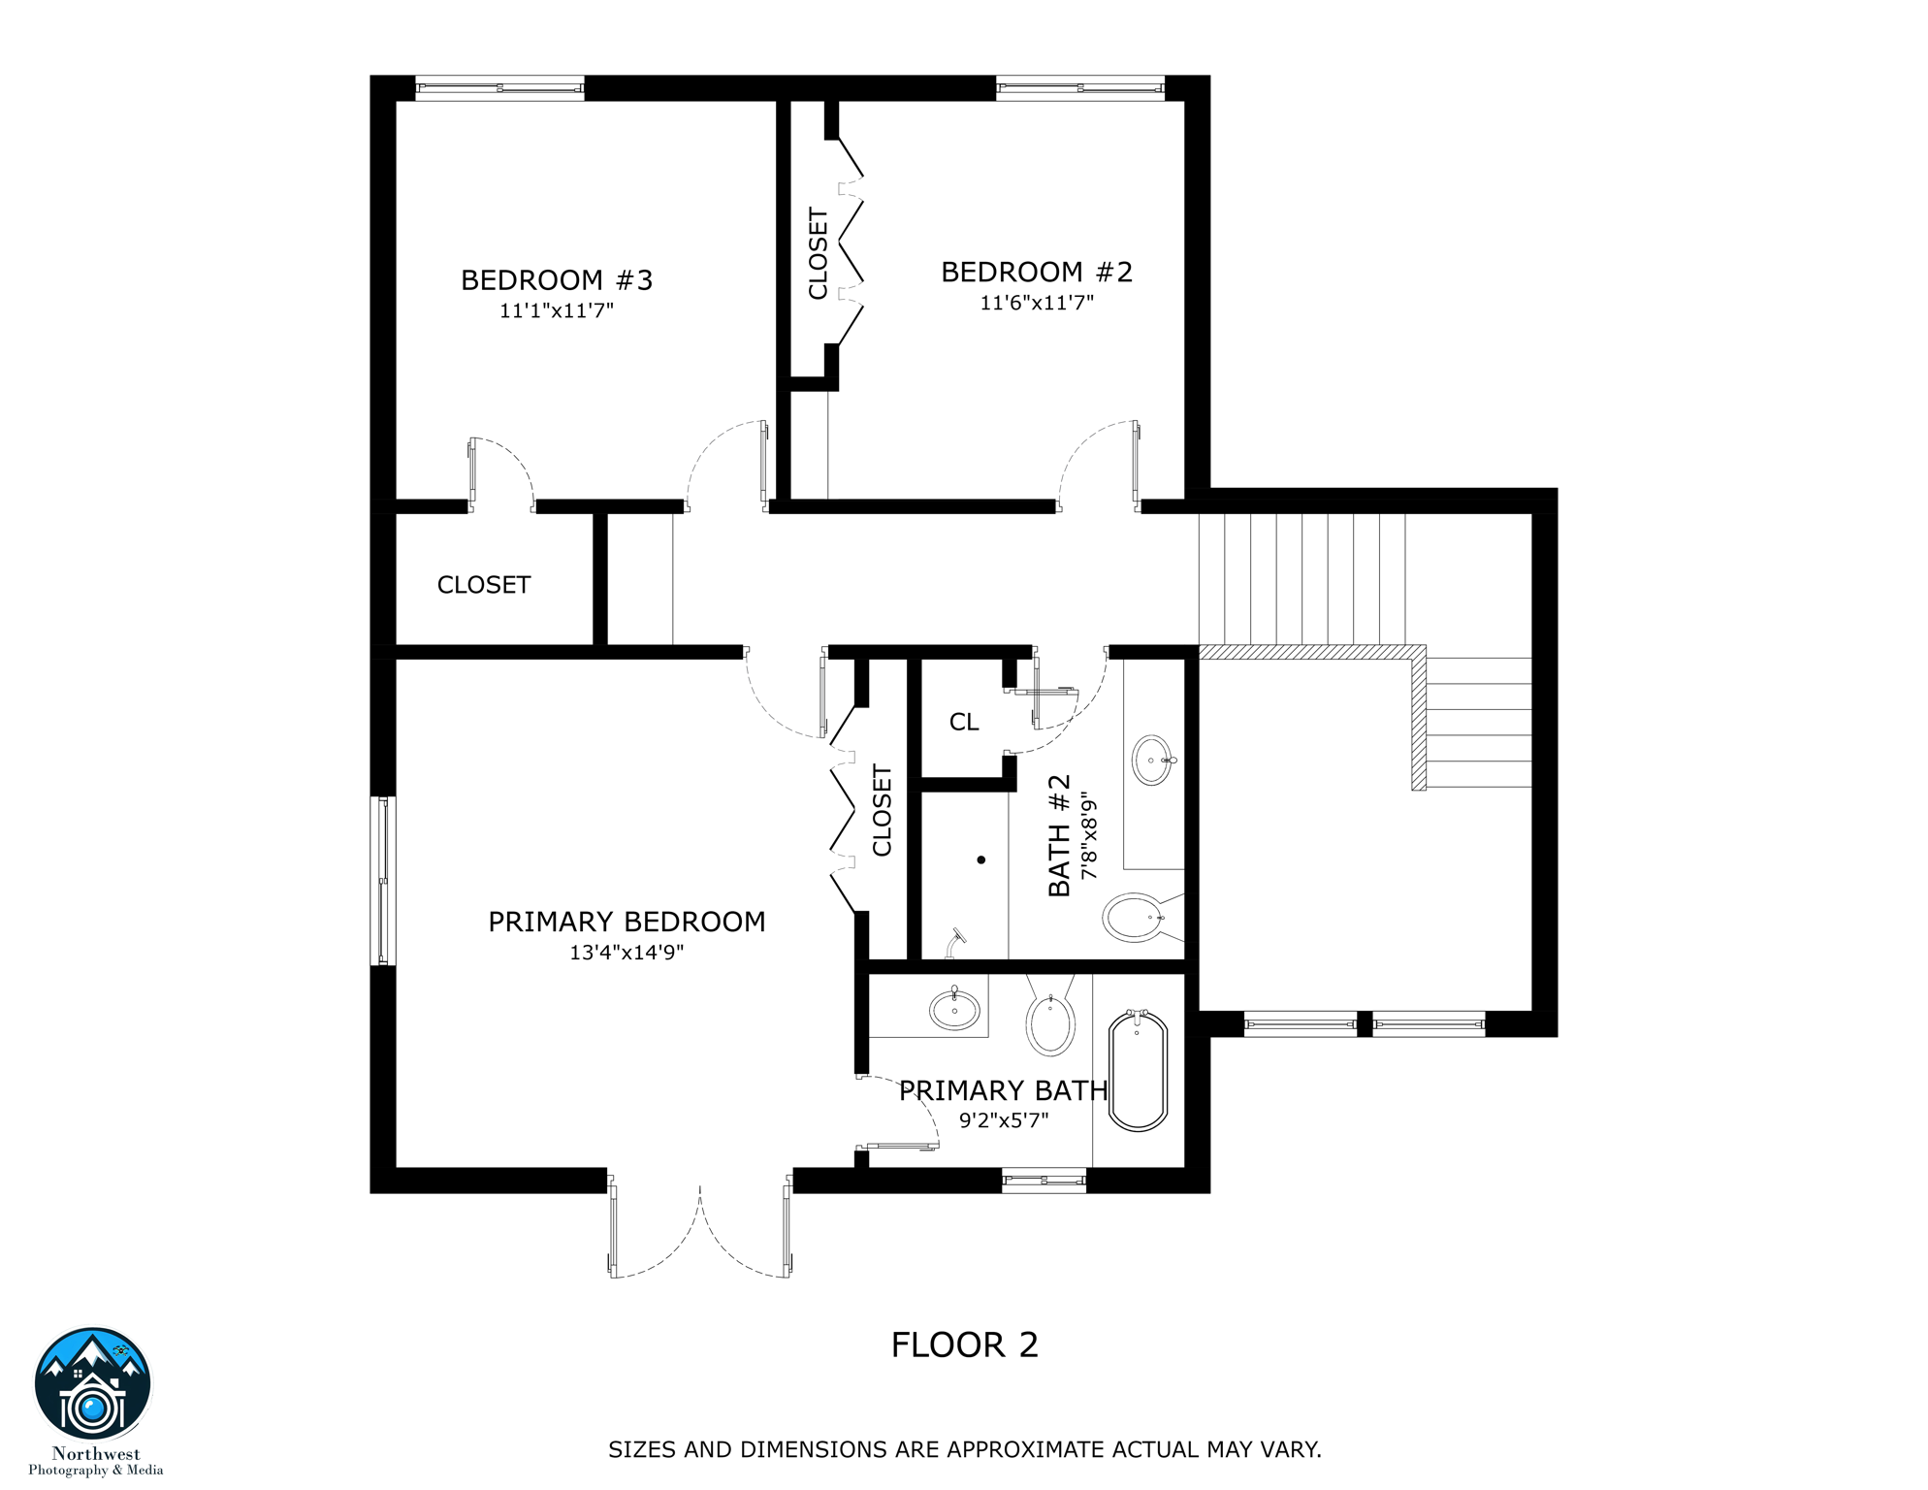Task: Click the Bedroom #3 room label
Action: pos(556,280)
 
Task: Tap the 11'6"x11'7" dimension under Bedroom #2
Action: pos(1036,303)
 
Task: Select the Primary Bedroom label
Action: pos(627,922)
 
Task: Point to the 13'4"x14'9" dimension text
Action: pos(627,953)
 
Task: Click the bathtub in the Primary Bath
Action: pos(1137,1071)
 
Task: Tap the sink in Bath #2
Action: pos(1152,760)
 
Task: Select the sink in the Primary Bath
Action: pos(954,1010)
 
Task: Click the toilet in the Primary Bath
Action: pos(1050,1023)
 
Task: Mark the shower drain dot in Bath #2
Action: pos(981,859)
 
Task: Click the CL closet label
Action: pos(963,722)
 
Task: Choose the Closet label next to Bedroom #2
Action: pos(818,253)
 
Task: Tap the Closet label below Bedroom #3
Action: pos(483,585)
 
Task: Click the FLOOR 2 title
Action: pos(964,1345)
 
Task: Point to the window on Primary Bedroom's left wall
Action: pos(383,881)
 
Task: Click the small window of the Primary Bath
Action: pos(1044,1181)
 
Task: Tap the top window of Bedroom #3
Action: pos(499,88)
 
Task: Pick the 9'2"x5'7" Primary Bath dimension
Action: pos(1003,1120)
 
